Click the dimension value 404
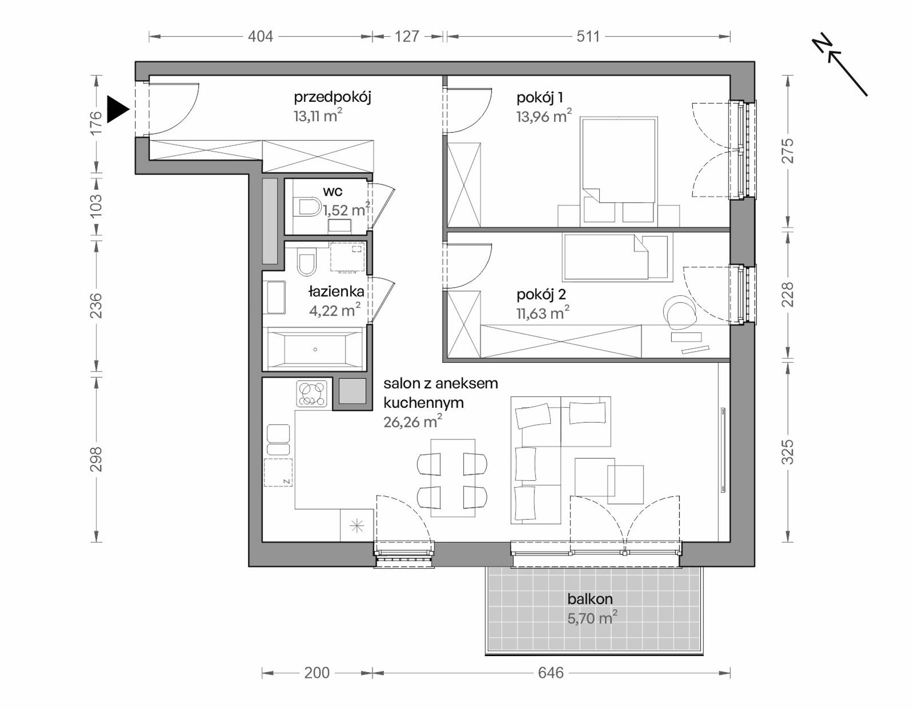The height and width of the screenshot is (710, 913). [260, 37]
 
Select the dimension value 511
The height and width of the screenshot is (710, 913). [588, 37]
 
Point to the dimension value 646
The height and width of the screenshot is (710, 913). [551, 673]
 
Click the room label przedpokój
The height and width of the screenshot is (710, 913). [333, 98]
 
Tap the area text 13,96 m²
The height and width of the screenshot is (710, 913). [544, 116]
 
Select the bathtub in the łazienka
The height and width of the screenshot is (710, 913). [315, 349]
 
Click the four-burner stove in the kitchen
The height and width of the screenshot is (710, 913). [312, 394]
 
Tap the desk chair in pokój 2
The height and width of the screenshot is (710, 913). [679, 312]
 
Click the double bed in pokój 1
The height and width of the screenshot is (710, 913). [618, 171]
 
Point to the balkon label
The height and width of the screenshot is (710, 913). [590, 599]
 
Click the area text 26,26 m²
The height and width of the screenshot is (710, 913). [413, 422]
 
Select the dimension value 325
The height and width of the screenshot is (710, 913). [788, 452]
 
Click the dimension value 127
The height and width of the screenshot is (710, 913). [407, 37]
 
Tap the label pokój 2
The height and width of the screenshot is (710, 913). [541, 294]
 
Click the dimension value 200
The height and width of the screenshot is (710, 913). [317, 673]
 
